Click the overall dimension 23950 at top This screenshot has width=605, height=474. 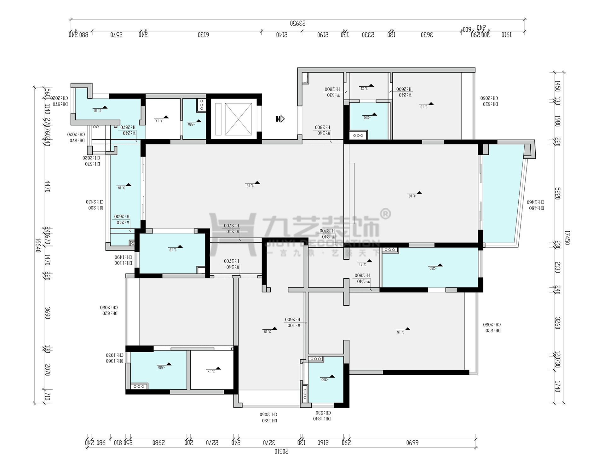click(x=298, y=23)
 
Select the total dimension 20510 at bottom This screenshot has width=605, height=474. click(x=281, y=451)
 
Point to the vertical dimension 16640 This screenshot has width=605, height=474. click(x=38, y=245)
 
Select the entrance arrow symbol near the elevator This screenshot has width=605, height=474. click(x=280, y=119)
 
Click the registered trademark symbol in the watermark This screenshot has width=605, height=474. click(x=386, y=214)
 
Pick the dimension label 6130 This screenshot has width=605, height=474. click(x=203, y=35)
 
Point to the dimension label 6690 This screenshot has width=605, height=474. click(x=412, y=442)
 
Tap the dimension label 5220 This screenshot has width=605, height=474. click(x=558, y=194)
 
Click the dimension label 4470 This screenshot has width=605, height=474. click(x=48, y=186)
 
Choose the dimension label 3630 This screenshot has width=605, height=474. click(x=427, y=35)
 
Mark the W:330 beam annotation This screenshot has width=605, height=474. click(x=333, y=95)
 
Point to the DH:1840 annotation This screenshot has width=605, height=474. click(x=322, y=419)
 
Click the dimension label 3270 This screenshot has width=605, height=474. click(x=269, y=442)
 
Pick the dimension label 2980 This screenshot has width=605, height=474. click(x=158, y=442)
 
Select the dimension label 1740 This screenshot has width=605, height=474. click(x=557, y=386)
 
